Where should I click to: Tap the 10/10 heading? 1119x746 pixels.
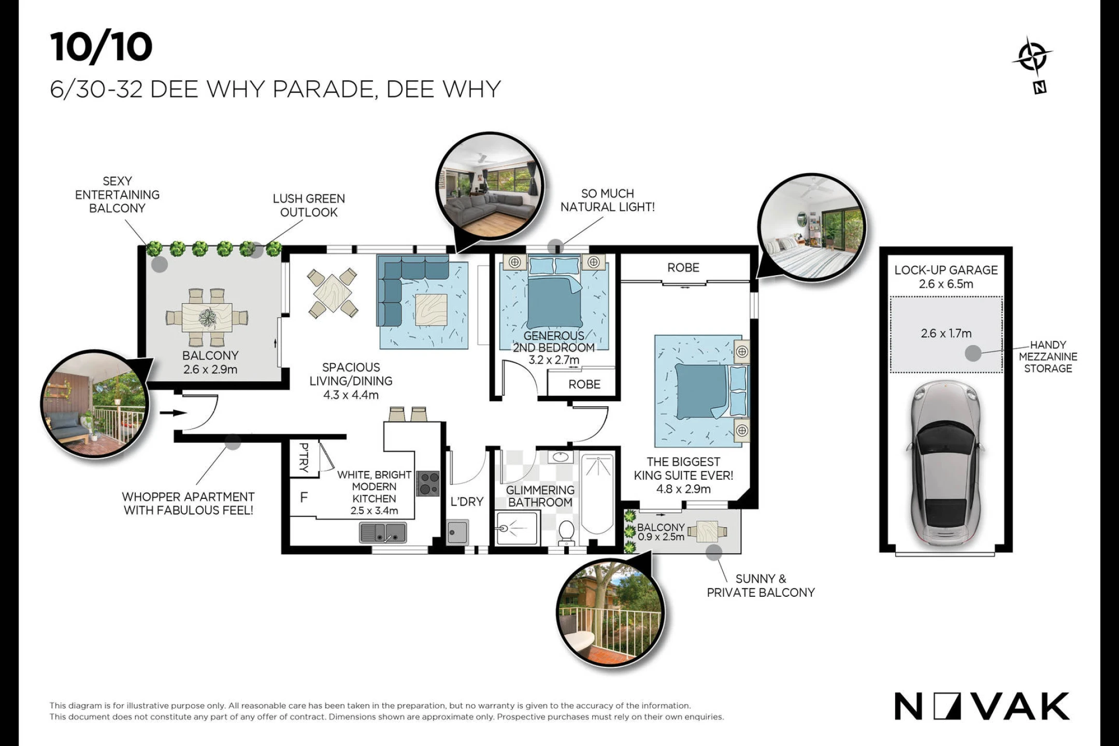point(102,47)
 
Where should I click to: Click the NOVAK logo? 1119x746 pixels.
point(982,706)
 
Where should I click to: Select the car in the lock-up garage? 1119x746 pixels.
point(946,464)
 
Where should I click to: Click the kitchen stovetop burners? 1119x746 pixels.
point(428,483)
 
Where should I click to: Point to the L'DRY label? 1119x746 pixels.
point(467,501)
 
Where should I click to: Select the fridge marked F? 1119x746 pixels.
point(304,497)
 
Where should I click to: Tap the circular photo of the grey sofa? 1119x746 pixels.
point(490,187)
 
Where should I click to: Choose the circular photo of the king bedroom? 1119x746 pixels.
point(812,227)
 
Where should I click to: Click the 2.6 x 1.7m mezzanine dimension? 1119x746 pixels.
point(946,334)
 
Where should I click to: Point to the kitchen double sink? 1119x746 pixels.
point(383,533)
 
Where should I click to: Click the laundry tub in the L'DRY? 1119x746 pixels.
point(458,532)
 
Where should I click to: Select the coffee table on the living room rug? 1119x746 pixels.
point(431,310)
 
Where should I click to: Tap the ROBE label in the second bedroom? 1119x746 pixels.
point(584,384)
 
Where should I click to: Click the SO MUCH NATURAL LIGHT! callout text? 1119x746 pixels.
point(608,200)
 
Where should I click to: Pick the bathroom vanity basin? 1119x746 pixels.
point(560,457)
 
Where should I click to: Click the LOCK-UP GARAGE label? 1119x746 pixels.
point(946,270)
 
